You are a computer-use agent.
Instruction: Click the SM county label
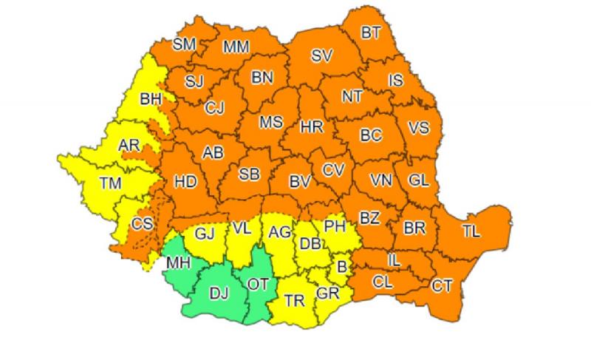tap(184, 44)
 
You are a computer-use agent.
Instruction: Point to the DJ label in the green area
tap(219, 294)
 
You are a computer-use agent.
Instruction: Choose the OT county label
tap(258, 284)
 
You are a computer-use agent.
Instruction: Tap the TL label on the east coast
tap(471, 231)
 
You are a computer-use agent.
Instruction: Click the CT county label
tap(442, 285)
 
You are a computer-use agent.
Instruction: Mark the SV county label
tap(321, 55)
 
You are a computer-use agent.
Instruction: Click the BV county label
tap(299, 180)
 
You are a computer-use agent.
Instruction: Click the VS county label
tap(419, 128)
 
